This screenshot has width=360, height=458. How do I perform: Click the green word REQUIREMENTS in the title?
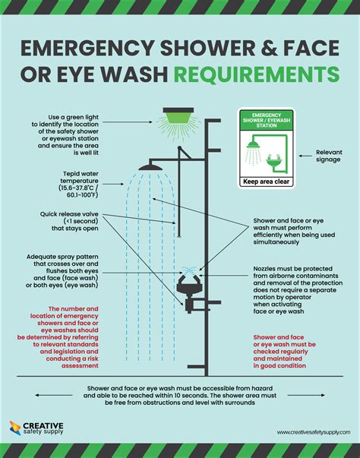pyautogui.click(x=257, y=74)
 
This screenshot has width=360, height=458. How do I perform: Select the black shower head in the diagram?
pyautogui.click(x=150, y=167)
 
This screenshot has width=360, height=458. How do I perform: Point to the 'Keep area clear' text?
pyautogui.click(x=266, y=182)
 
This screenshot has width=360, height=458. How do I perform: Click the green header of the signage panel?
pyautogui.click(x=267, y=120)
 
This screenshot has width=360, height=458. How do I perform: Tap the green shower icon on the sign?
pyautogui.click(x=253, y=144)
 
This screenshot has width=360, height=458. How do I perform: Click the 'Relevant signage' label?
pyautogui.click(x=329, y=156)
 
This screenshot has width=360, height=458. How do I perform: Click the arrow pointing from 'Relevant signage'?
pyautogui.click(x=305, y=156)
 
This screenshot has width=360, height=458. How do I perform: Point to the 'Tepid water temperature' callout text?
pyautogui.click(x=78, y=185)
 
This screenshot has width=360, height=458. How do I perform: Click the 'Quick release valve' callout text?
pyautogui.click(x=69, y=221)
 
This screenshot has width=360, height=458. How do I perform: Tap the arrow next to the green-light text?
pyautogui.click(x=128, y=122)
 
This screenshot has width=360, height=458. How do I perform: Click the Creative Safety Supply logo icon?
pyautogui.click(x=15, y=428)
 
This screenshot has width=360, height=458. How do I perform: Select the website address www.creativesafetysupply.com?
pyautogui.click(x=314, y=432)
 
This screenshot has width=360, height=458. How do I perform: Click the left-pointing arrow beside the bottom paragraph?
pyautogui.click(x=54, y=395)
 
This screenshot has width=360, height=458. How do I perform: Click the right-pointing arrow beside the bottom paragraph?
pyautogui.click(x=306, y=395)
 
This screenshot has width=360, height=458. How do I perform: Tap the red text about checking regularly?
pyautogui.click(x=284, y=352)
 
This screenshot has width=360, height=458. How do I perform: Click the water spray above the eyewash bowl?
pyautogui.click(x=189, y=270)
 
